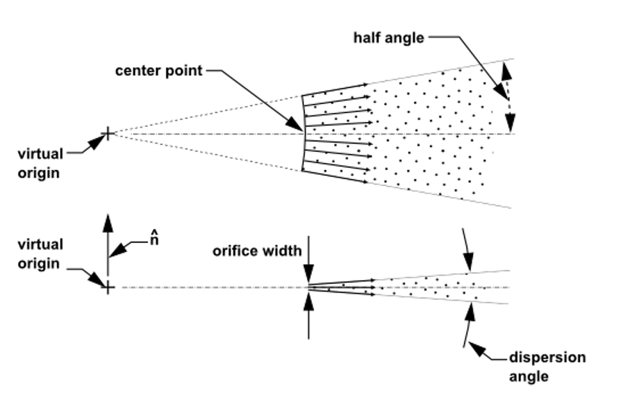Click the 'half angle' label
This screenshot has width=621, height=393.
point(389,37)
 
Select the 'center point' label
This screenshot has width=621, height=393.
point(159,71)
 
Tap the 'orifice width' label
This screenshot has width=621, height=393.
point(256,250)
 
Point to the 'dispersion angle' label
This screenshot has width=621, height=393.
point(547,366)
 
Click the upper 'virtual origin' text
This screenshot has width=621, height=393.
point(40,163)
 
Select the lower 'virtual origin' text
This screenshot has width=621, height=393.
point(40,254)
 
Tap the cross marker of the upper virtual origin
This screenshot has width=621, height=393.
point(108,134)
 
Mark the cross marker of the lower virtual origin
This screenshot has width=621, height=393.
point(108,288)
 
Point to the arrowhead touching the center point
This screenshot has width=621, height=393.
point(299,127)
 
